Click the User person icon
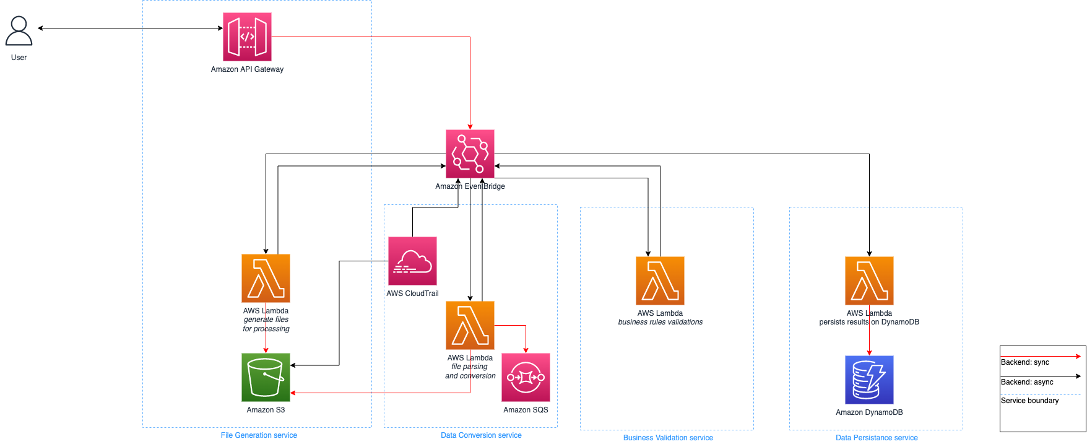click(19, 31)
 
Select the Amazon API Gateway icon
click(247, 37)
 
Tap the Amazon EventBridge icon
click(470, 154)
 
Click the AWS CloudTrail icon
click(412, 261)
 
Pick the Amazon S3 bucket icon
click(266, 378)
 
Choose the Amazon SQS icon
click(526, 378)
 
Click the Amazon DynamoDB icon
click(869, 380)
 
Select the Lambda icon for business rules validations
click(660, 281)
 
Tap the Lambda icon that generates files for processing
click(266, 278)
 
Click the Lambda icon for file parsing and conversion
click(470, 325)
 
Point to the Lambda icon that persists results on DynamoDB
click(869, 281)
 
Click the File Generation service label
click(259, 435)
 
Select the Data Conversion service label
click(481, 435)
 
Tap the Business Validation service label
click(668, 438)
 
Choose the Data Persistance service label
click(877, 438)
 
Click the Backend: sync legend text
click(1025, 362)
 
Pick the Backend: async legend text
click(1027, 382)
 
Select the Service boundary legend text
click(1030, 401)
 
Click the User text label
click(19, 58)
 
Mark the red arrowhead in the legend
click(1078, 356)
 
